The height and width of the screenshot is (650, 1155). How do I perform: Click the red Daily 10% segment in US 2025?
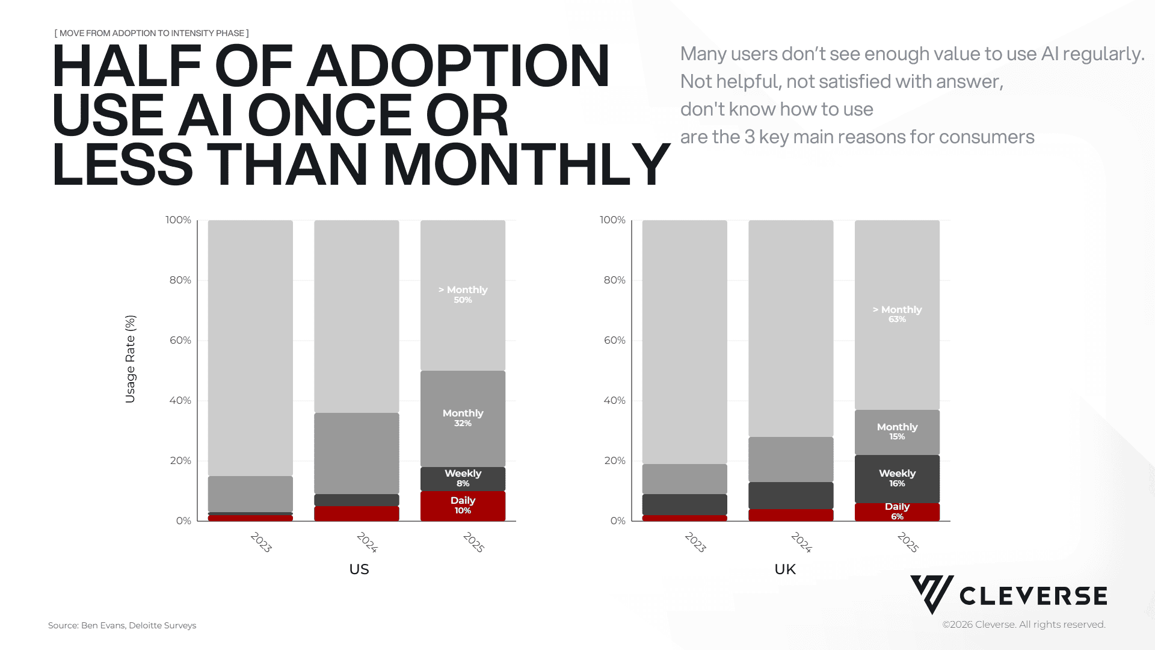pyautogui.click(x=463, y=506)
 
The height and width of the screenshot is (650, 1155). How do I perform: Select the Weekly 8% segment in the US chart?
pyautogui.click(x=463, y=478)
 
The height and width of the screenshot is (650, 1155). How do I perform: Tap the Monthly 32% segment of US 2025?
pyautogui.click(x=463, y=418)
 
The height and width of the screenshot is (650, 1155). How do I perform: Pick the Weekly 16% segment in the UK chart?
pyautogui.click(x=897, y=478)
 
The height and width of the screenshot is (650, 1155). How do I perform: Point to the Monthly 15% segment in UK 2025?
pyautogui.click(x=897, y=432)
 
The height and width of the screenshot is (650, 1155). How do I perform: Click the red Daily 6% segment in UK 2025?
pyautogui.click(x=897, y=512)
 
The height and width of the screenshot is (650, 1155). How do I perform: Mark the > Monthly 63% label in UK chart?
pyautogui.click(x=897, y=314)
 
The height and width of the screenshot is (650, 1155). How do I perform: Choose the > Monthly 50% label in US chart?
pyautogui.click(x=463, y=294)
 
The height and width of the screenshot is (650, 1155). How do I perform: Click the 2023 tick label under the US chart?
pyautogui.click(x=261, y=542)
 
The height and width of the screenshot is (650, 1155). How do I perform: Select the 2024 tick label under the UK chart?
pyautogui.click(x=802, y=542)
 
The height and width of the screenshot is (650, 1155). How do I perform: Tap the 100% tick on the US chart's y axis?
pyautogui.click(x=178, y=220)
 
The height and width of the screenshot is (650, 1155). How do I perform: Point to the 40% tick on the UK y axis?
pyautogui.click(x=614, y=401)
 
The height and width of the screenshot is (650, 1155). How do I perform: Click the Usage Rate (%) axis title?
pyautogui.click(x=131, y=359)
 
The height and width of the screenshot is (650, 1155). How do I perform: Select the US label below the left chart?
pyautogui.click(x=359, y=569)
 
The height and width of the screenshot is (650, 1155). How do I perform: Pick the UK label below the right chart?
pyautogui.click(x=785, y=569)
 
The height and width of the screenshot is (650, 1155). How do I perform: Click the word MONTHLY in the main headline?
pyautogui.click(x=526, y=165)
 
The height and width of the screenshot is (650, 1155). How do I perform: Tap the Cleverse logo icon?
pyautogui.click(x=931, y=594)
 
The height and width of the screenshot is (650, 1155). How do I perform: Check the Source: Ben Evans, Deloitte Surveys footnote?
pyautogui.click(x=122, y=625)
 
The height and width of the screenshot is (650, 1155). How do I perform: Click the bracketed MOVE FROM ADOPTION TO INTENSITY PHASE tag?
pyautogui.click(x=152, y=33)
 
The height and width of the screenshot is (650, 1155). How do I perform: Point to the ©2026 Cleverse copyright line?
pyautogui.click(x=1023, y=625)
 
